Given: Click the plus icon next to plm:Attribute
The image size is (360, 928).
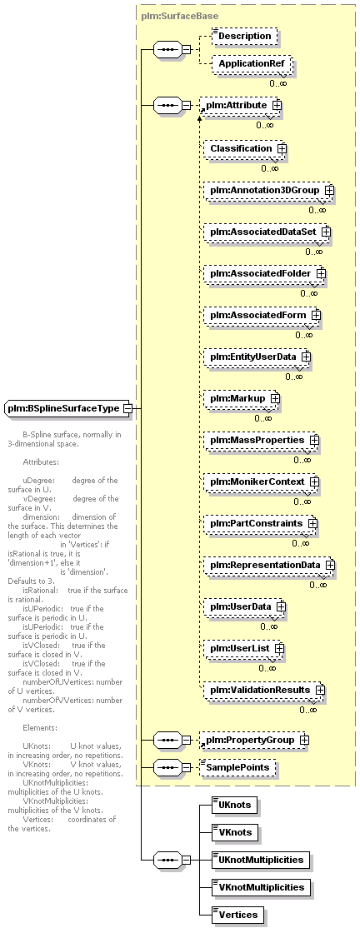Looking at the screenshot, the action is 277,105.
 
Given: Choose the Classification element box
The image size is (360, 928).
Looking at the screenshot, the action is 245,148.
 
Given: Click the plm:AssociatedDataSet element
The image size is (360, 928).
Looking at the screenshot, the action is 267,232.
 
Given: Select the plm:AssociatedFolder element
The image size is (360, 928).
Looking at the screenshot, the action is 265,273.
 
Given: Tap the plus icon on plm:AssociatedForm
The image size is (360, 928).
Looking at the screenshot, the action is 316,316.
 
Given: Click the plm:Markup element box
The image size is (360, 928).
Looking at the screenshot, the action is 242,399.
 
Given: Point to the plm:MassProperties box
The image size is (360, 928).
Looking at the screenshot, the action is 262,441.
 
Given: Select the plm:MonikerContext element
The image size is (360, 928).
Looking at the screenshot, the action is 262,482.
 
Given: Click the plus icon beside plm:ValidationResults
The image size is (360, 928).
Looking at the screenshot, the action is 320,690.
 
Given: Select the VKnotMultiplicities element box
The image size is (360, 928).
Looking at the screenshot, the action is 261,887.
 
